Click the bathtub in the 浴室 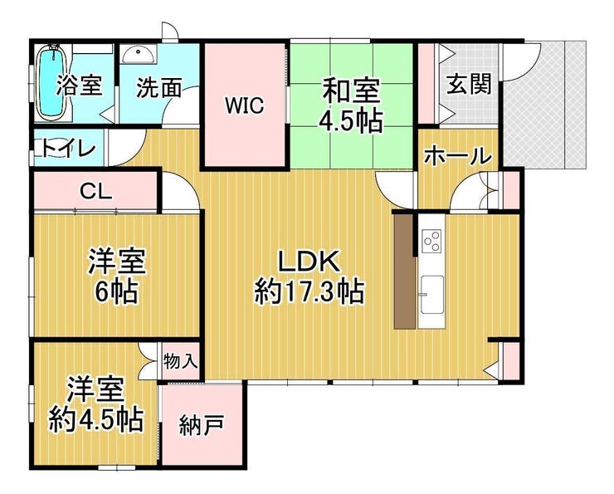tap(52, 82)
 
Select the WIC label tap(244, 105)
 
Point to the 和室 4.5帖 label tap(350, 105)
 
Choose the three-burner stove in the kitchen tap(431, 240)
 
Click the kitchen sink tap(432, 295)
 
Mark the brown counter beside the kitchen tap(404, 271)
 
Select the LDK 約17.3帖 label tap(309, 277)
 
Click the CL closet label tap(95, 192)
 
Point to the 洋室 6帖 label tap(117, 276)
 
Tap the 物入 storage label tap(180, 360)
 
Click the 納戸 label tap(202, 425)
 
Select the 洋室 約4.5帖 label tap(96, 404)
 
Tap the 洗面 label tap(159, 88)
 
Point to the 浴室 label tap(80, 86)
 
